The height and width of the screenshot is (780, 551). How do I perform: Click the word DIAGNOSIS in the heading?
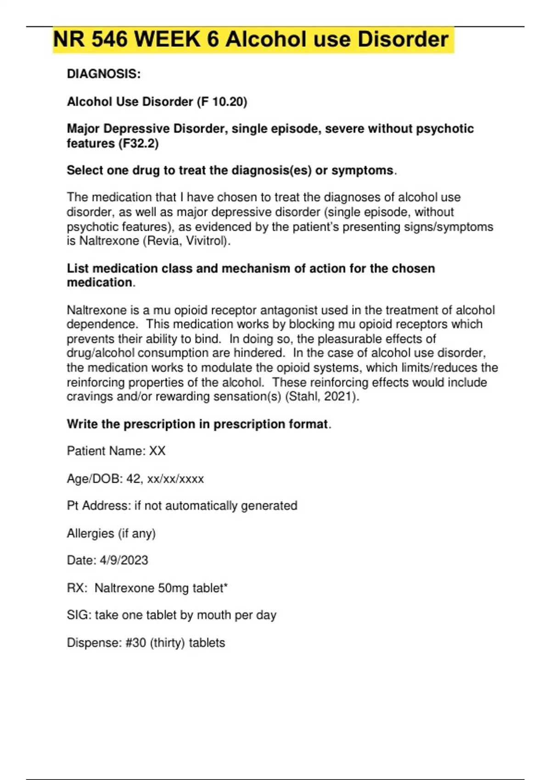[102, 74]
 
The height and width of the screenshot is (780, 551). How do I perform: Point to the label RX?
[77, 588]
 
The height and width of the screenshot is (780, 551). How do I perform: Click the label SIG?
[79, 615]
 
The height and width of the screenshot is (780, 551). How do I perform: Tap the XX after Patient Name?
[157, 451]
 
